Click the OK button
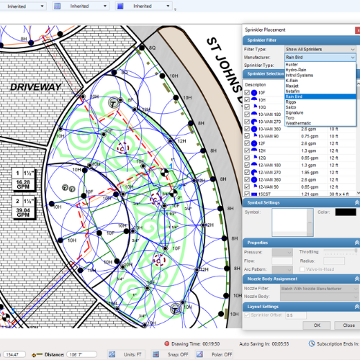coord(316,325)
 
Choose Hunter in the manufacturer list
coord(293,64)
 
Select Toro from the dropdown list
coord(292,117)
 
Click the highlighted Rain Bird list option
coord(294,96)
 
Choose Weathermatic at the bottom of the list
coord(298,122)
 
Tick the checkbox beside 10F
coord(248,93)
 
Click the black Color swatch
coord(346,212)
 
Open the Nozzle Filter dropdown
coord(318,288)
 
